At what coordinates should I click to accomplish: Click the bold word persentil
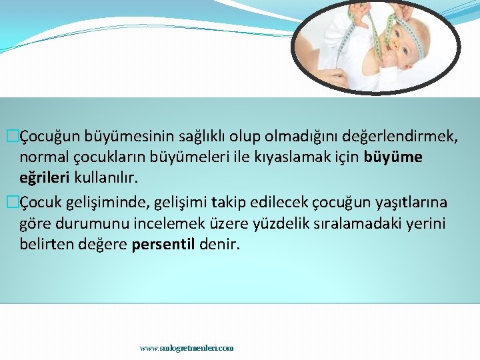coord(163,245)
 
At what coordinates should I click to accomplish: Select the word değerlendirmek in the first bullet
coord(400,137)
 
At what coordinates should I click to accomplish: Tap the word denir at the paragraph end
coord(219,245)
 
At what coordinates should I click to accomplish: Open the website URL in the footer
coord(187,348)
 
